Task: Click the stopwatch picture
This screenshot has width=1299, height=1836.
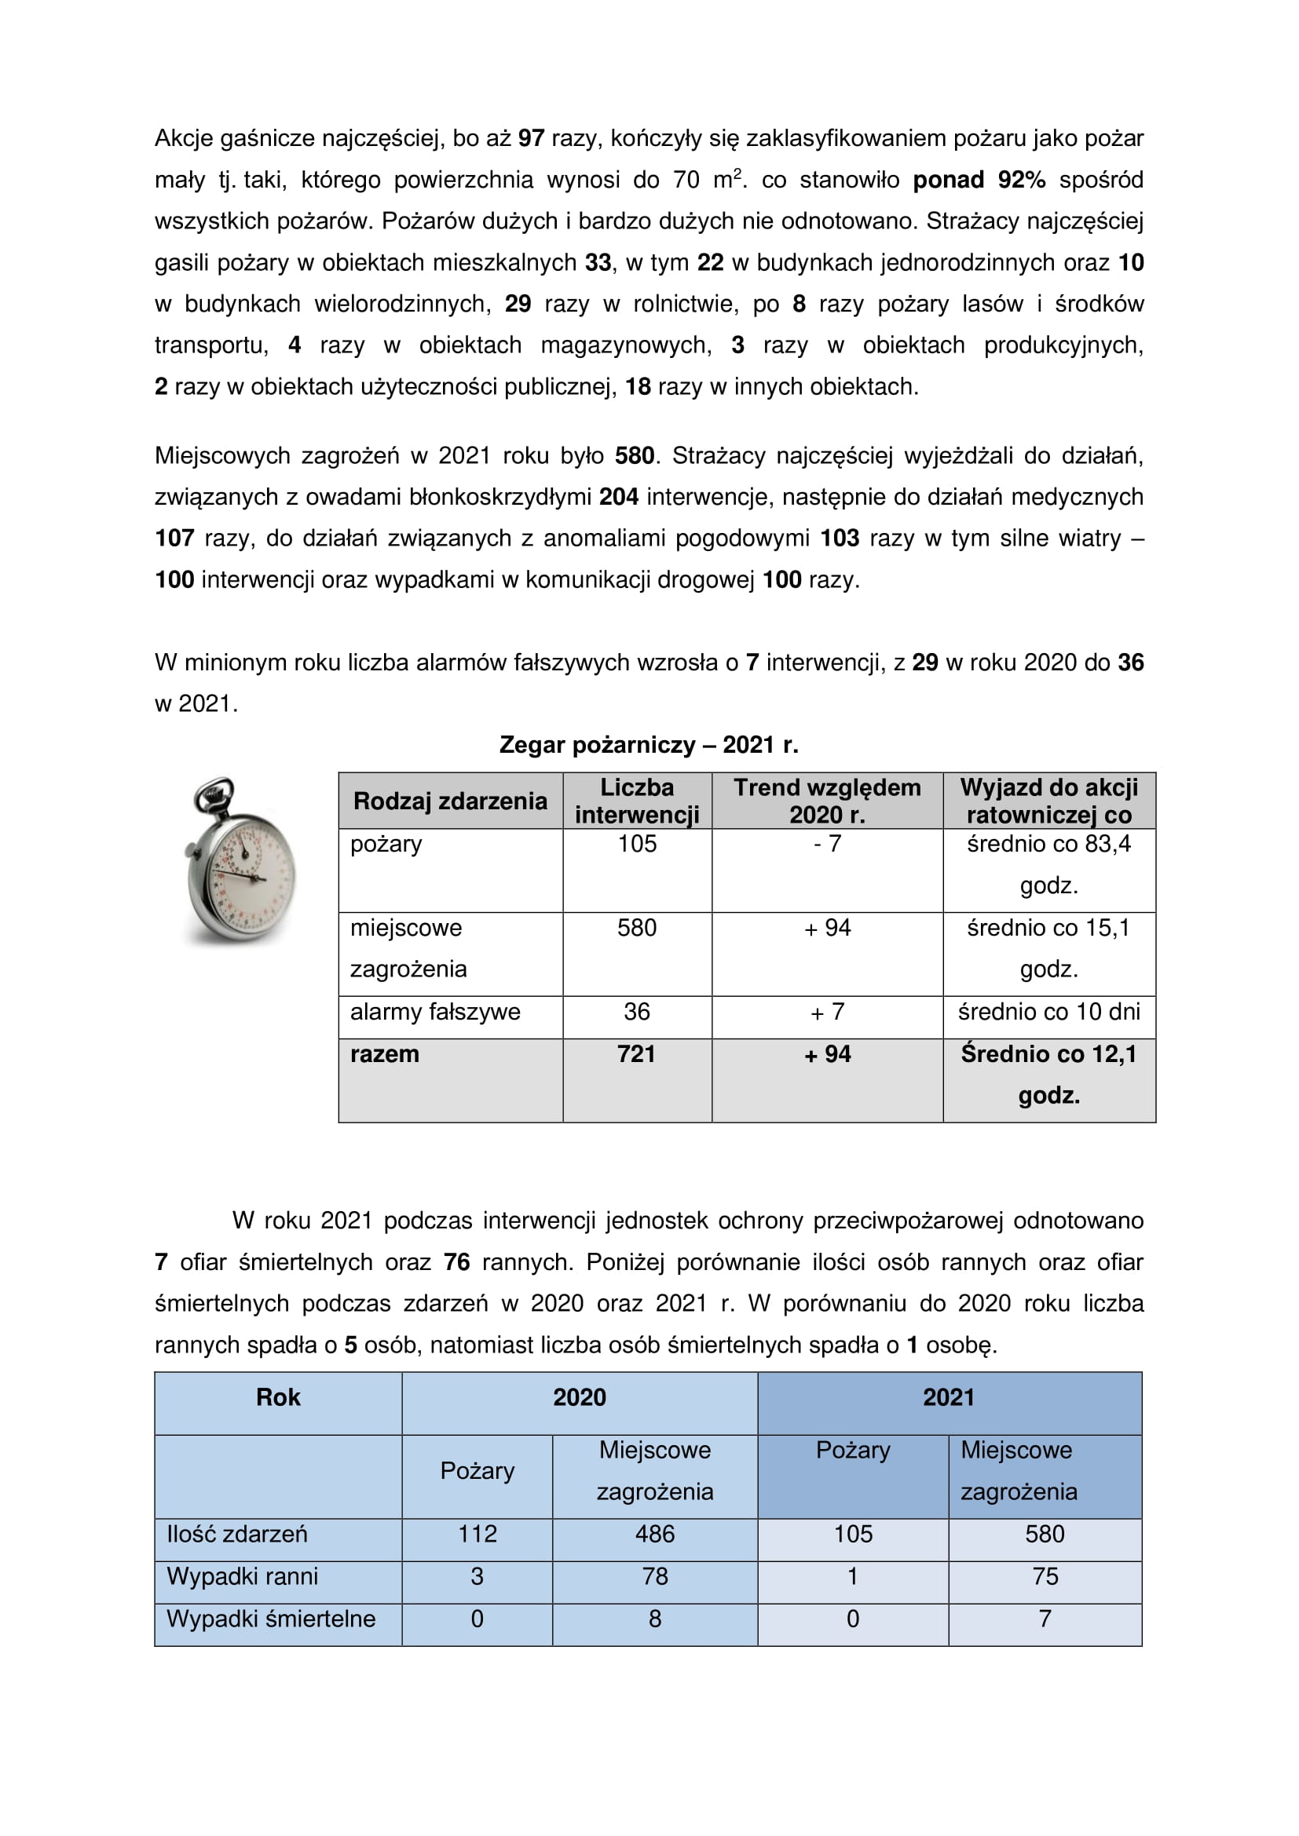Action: coord(241,860)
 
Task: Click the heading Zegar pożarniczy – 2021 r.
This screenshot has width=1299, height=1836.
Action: coord(649,745)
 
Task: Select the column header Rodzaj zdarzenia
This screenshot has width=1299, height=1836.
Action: coord(450,801)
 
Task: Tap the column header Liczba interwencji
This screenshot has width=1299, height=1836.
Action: coord(637,801)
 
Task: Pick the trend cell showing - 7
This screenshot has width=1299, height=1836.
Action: coord(827,844)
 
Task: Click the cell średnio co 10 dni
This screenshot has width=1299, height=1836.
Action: coord(1048,1012)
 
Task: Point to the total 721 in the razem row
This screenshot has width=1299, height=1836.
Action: coord(637,1054)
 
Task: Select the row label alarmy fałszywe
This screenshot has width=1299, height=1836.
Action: coord(435,1012)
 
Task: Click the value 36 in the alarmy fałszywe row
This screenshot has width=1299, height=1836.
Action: coord(637,1012)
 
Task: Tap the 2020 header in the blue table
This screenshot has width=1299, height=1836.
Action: coord(579,1397)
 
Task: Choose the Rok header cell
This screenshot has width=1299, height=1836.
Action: coord(278,1397)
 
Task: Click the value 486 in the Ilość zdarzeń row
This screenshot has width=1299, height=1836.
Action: coord(654,1534)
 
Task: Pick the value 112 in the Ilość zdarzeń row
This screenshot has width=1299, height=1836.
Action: coord(477,1534)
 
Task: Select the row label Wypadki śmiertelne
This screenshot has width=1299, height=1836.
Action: coord(271,1619)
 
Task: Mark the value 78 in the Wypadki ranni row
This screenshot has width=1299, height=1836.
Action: coord(654,1576)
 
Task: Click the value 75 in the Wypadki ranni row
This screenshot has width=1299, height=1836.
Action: coord(1045,1576)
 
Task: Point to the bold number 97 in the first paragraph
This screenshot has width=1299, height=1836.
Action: coord(531,138)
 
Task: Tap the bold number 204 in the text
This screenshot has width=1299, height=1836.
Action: coord(619,497)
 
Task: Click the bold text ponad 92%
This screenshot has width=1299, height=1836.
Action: coord(979,180)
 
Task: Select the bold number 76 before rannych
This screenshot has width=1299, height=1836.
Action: coord(457,1262)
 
